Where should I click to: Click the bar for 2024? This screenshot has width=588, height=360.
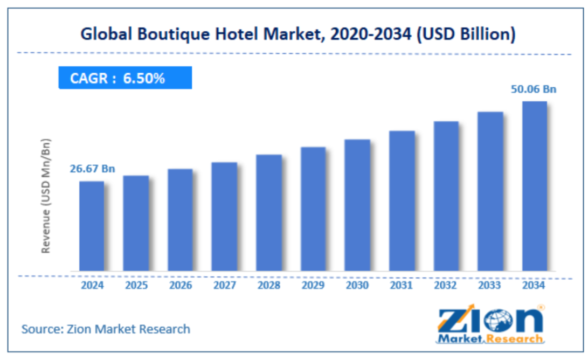pos(92,226)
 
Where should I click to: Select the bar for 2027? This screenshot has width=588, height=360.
pos(224,216)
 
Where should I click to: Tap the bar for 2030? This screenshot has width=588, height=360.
pos(357,205)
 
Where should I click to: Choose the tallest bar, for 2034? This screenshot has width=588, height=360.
pos(534,186)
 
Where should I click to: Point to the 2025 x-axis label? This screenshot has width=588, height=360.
pos(136,285)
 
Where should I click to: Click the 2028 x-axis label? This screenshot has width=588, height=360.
pos(268,285)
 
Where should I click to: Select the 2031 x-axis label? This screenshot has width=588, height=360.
pos(402,285)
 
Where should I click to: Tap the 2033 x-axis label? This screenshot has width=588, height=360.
pos(490,285)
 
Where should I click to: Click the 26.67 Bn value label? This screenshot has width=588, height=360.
pos(92,169)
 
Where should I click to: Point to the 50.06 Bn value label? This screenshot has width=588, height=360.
pos(533,89)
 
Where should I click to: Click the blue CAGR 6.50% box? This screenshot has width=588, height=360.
pos(125,78)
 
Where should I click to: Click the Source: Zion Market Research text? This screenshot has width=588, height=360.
pos(106,328)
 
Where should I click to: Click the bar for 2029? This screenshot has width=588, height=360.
pos(313,209)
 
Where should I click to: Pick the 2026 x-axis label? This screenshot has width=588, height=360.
pos(180,285)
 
